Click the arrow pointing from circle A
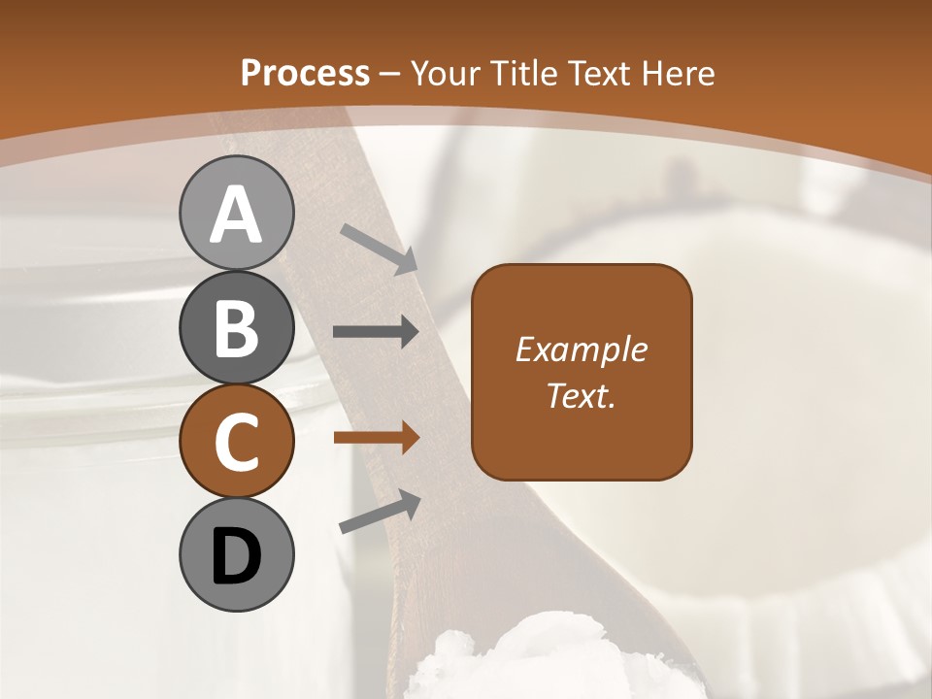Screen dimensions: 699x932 point(379,249)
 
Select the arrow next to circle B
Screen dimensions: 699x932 point(376,332)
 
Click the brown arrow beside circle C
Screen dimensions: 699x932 point(376,438)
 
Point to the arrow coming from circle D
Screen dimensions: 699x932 point(380,512)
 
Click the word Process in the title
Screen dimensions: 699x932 point(305,73)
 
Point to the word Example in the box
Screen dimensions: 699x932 point(582,349)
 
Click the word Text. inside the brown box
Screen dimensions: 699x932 point(582,395)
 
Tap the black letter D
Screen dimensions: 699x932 point(236,556)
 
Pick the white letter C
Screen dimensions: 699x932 point(236,442)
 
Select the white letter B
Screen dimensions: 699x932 point(236,328)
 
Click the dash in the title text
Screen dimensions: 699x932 point(390,74)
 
